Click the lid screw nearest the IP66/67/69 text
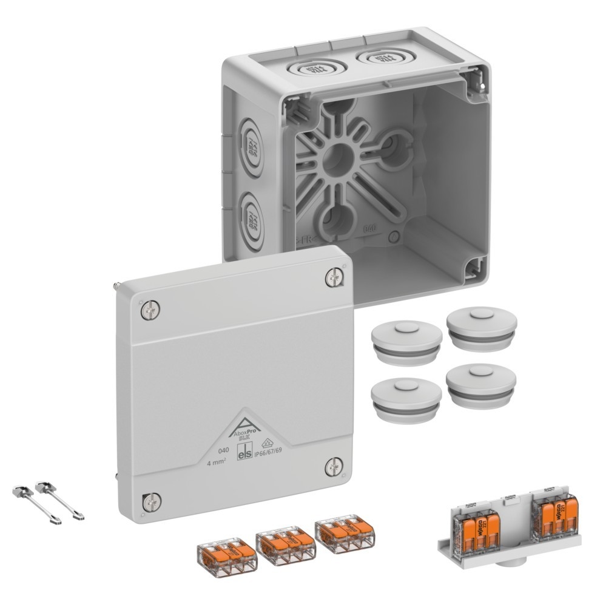coord(333,466)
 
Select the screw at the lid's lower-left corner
coord(150,501)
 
